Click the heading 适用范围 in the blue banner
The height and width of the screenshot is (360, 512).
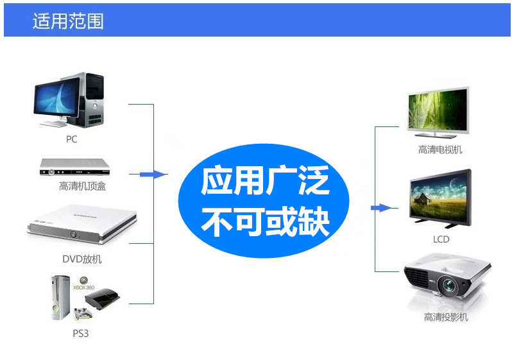pyautogui.click(x=68, y=21)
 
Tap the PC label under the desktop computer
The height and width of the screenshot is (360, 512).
pyautogui.click(x=71, y=139)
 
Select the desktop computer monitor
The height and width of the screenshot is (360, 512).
pyautogui.click(x=56, y=99)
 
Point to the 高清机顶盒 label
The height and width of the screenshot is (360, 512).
pyautogui.click(x=82, y=187)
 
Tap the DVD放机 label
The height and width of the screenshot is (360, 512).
pyautogui.click(x=81, y=259)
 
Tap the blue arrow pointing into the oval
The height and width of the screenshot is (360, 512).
pyautogui.click(x=153, y=174)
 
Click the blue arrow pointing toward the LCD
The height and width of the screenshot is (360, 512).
pyautogui.click(x=382, y=208)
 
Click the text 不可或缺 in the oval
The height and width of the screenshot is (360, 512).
pyautogui.click(x=265, y=222)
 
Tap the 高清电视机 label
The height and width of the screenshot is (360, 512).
pyautogui.click(x=440, y=150)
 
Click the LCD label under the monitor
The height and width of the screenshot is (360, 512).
pyautogui.click(x=441, y=239)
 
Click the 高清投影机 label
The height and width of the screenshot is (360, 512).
pyautogui.click(x=446, y=317)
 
